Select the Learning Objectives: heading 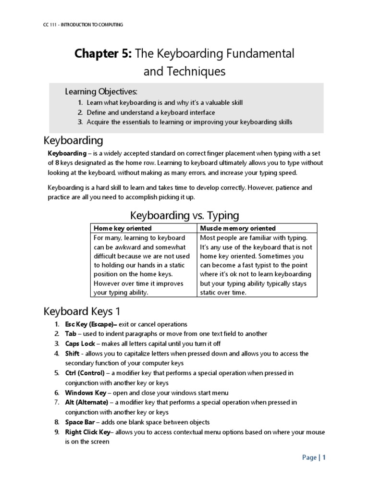[101, 91]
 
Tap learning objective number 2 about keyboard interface [150, 112]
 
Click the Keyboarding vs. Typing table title [184, 215]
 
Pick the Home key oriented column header [123, 228]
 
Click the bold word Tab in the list [71, 334]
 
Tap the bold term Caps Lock [80, 344]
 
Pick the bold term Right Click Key [88, 432]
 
